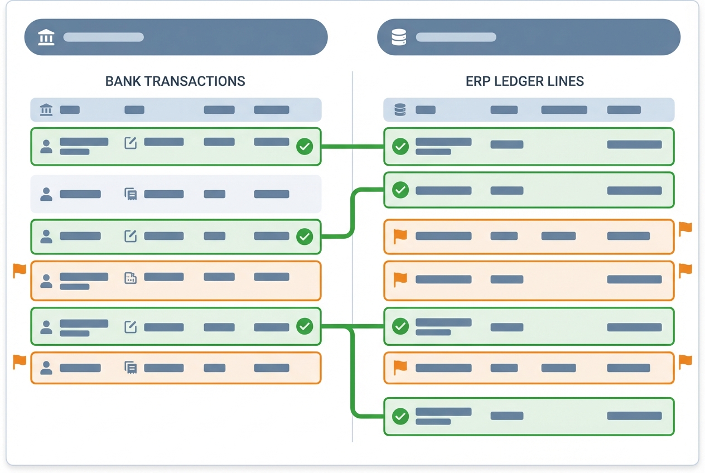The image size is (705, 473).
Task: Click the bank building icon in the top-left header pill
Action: pyautogui.click(x=46, y=37)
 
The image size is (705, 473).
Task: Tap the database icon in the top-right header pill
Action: pyautogui.click(x=399, y=37)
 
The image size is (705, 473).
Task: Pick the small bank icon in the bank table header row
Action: pyautogui.click(x=46, y=110)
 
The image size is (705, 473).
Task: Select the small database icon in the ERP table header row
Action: pyautogui.click(x=399, y=110)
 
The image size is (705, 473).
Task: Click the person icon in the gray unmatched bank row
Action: pyautogui.click(x=46, y=194)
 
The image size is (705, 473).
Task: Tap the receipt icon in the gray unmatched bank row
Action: pyautogui.click(x=131, y=194)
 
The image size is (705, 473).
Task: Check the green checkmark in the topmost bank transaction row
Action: pyautogui.click(x=305, y=147)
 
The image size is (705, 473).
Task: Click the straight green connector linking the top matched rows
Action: pyautogui.click(x=352, y=147)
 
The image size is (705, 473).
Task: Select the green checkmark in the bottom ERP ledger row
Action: pyautogui.click(x=400, y=416)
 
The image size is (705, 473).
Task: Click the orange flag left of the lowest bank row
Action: pyautogui.click(x=20, y=361)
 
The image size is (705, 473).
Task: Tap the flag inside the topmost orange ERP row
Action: pyautogui.click(x=400, y=236)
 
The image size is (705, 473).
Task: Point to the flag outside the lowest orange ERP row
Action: pyautogui.click(x=685, y=361)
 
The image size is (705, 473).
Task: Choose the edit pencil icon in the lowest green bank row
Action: pyautogui.click(x=131, y=326)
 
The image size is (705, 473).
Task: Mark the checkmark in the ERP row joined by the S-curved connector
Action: pyautogui.click(x=400, y=190)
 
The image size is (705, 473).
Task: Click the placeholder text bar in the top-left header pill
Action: pyautogui.click(x=104, y=37)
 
